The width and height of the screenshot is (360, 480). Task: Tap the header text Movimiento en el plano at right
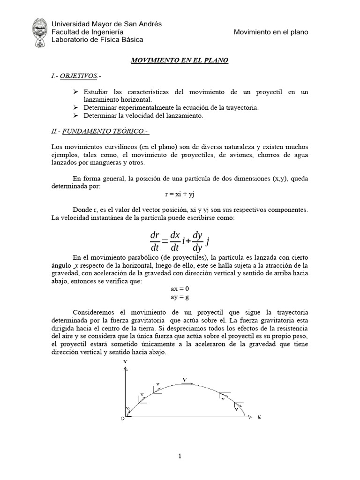click(271, 31)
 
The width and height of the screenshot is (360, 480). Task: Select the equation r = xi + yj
click(180, 194)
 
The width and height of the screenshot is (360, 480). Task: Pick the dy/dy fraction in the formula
click(197, 240)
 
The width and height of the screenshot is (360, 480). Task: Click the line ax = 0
click(180, 289)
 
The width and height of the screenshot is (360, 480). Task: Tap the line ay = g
click(180, 297)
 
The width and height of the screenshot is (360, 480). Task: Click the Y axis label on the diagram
click(125, 362)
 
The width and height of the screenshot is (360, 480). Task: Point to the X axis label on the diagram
click(258, 416)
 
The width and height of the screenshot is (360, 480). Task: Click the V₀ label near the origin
click(127, 409)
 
